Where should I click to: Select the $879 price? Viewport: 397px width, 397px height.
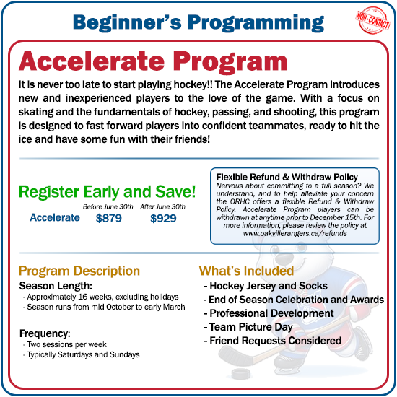tap(108, 218)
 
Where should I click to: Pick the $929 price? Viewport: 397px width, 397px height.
tap(163, 218)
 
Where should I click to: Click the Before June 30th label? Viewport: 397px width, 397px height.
tap(108, 206)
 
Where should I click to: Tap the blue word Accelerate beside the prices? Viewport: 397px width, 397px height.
tap(55, 217)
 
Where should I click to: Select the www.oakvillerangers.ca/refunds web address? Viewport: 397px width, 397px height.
tap(295, 234)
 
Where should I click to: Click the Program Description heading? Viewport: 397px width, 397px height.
tap(79, 271)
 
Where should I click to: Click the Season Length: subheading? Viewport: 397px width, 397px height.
tap(51, 285)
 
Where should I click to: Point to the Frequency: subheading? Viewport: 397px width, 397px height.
tap(45, 334)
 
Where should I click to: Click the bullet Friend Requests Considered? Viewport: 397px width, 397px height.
tap(273, 341)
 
